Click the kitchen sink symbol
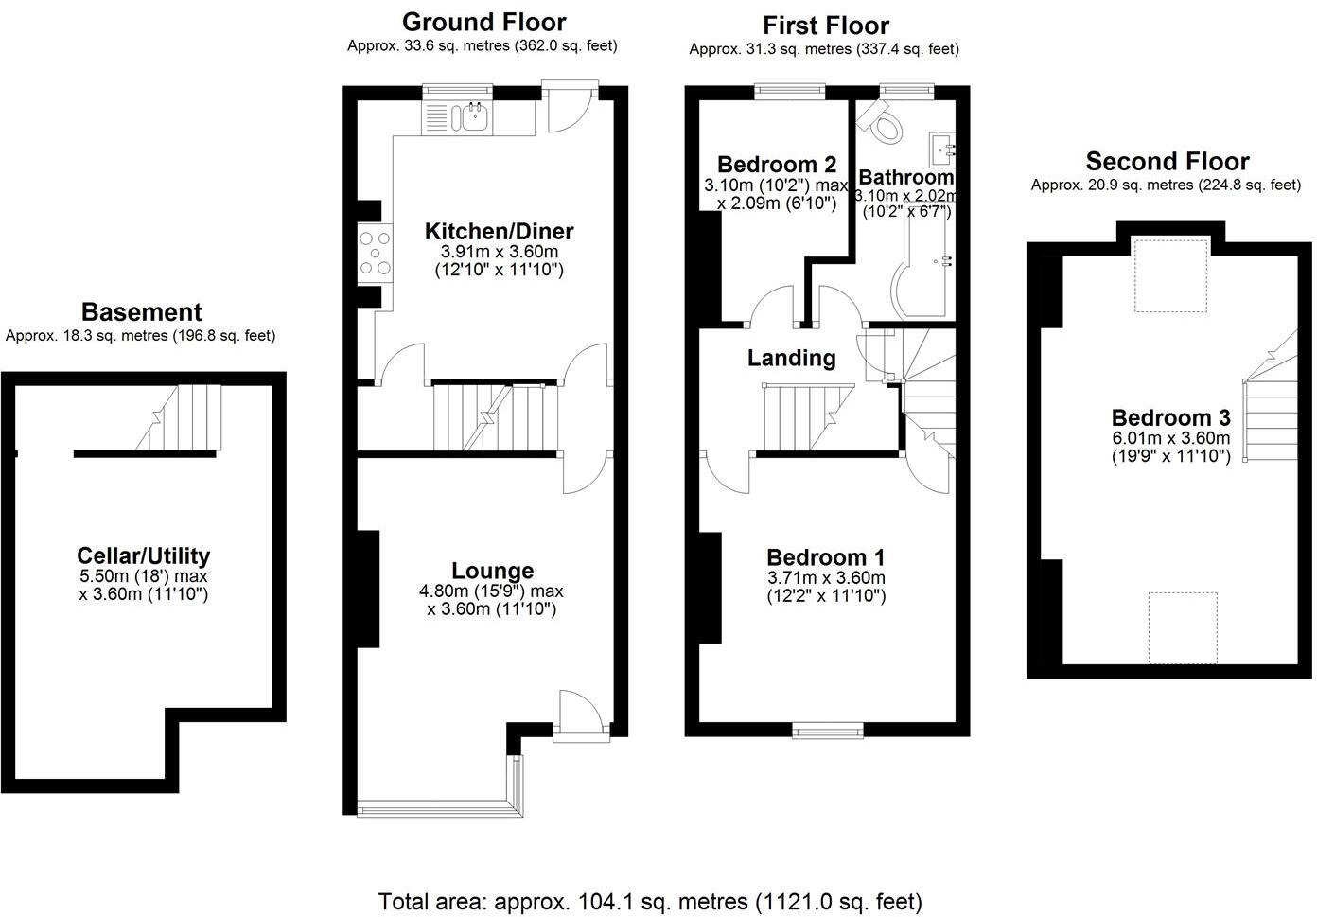471,116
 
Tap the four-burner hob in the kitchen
375,253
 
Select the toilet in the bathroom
883,123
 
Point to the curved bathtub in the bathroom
922,274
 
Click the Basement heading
141,312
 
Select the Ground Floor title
483,22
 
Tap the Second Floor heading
1167,162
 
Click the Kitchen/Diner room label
499,232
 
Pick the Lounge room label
492,571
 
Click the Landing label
791,358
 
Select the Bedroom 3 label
1170,418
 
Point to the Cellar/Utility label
143,556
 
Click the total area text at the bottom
650,901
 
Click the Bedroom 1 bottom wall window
828,729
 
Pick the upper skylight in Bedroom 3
1171,275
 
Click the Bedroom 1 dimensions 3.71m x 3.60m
826,577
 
